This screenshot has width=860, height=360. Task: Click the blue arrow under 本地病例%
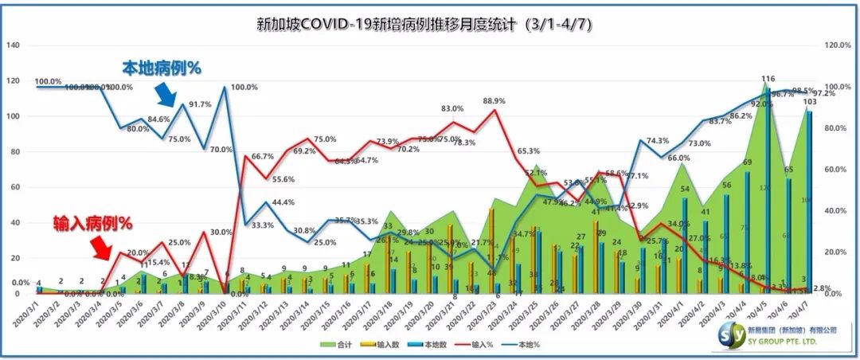pos(166,96)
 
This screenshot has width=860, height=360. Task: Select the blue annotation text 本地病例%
pos(161,68)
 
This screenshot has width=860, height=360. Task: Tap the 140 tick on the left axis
pos(13,45)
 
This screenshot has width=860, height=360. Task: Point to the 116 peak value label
pos(768,79)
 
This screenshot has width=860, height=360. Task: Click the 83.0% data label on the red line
pos(451,109)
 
